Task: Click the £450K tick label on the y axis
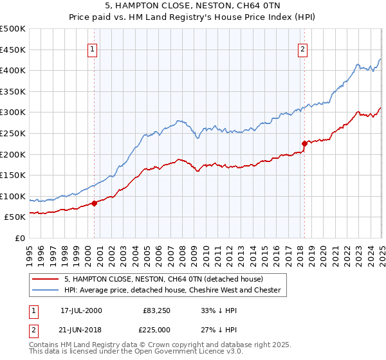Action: pyautogui.click(x=13, y=50)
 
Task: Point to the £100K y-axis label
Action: pyautogui.click(x=13, y=196)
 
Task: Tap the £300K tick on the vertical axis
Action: pyautogui.click(x=13, y=113)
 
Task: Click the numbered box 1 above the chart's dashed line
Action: pyautogui.click(x=93, y=49)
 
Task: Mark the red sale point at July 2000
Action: pyautogui.click(x=94, y=203)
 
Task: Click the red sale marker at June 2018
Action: pyautogui.click(x=304, y=143)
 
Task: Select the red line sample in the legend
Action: pyautogui.click(x=46, y=279)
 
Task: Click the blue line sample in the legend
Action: pyautogui.click(x=46, y=290)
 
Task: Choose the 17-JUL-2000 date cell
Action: pyautogui.click(x=81, y=310)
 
